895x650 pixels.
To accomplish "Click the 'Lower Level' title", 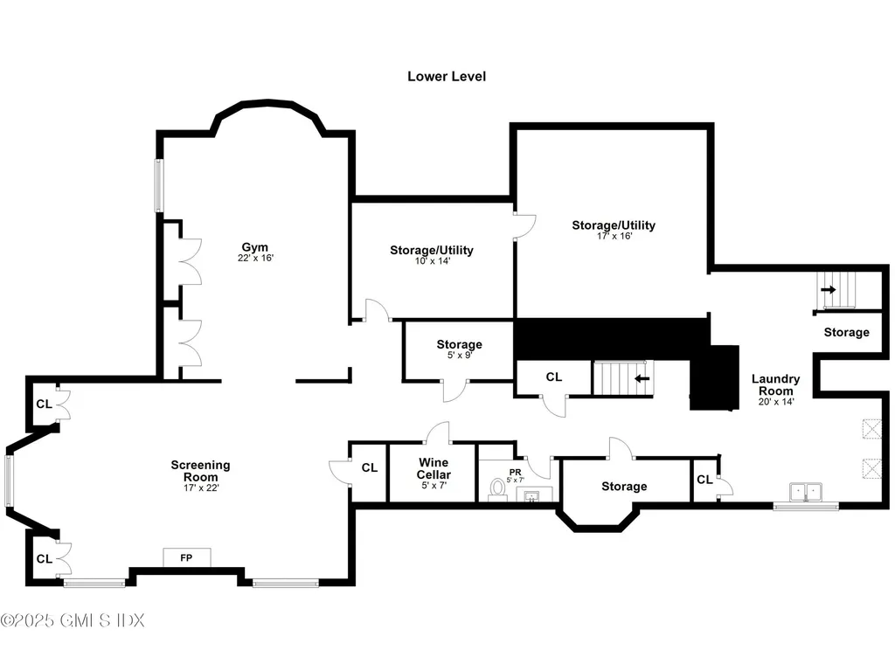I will point(447,76).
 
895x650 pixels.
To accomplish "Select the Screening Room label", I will point(200,471).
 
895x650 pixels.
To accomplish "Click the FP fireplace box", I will point(186,557).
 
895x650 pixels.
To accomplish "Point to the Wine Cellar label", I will point(434,467).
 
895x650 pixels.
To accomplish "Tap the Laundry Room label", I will point(775,384).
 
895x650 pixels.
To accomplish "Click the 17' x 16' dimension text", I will point(614,236).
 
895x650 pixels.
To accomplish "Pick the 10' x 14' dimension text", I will point(431,261).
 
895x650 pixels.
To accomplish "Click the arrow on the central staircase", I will point(642,378).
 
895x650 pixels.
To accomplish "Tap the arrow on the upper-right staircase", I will point(828,289).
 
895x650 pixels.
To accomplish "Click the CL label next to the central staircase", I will point(553,377).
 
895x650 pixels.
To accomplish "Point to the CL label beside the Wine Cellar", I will point(369,467).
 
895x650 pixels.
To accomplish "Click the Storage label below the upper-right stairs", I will point(846,332).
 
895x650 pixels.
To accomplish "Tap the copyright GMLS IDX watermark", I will point(73,620).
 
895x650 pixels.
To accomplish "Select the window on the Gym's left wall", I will point(159,185).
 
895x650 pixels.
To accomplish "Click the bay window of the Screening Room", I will point(10,481).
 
